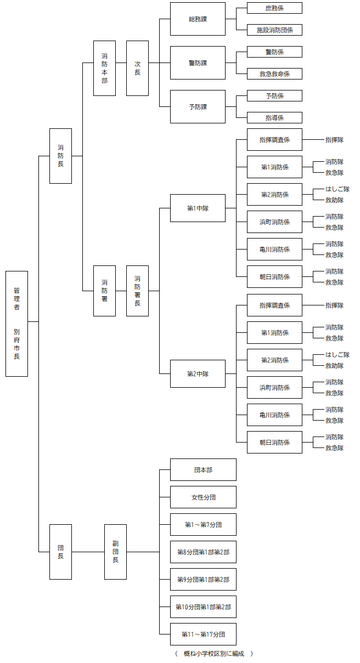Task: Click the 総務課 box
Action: pos(198,19)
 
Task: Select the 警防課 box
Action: pos(198,63)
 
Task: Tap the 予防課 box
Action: pos(198,107)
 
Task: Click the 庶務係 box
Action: pos(274,8)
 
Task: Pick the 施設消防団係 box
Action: pos(274,30)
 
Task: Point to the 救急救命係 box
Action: pos(274,74)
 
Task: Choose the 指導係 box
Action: pos(274,118)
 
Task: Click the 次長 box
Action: pos(137,69)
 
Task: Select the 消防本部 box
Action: pos(104,69)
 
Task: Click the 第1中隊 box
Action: pos(198,208)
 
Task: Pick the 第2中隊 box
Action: pos(198,374)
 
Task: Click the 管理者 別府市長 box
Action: pos(16,324)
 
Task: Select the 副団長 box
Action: pos(115,552)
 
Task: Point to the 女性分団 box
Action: pos(203,497)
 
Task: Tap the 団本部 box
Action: pos(203,470)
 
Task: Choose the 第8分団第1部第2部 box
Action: pos(203,552)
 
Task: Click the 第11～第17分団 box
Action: pos(203,634)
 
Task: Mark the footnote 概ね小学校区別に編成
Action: pos(213,654)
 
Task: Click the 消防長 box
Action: pos(60,156)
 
